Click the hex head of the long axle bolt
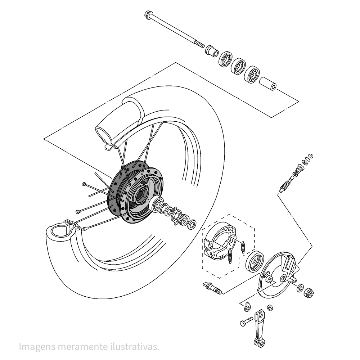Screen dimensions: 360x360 (x=148, y=15)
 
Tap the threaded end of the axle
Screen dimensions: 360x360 (x=200, y=44)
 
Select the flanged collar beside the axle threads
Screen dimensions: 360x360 (x=212, y=51)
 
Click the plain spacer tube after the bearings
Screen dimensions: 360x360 (x=268, y=84)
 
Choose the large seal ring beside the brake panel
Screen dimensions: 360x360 (x=255, y=262)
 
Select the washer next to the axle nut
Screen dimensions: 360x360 (x=300, y=288)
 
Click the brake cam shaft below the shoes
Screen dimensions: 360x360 (x=212, y=288)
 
